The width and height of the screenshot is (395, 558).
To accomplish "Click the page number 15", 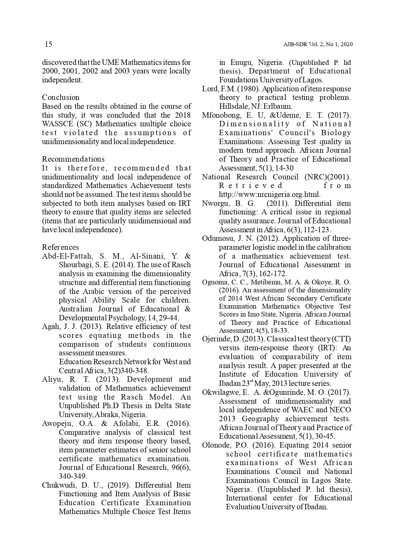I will pos(48,44).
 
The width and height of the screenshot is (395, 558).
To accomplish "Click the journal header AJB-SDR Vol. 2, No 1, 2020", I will pos(318,45).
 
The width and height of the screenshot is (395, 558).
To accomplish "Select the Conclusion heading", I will pos(61,97).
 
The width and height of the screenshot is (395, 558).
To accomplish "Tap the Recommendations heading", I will pos(73,159).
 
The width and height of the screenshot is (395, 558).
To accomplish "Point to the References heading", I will pos(60,247).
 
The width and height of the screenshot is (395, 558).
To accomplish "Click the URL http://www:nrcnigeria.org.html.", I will pos(270,195).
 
